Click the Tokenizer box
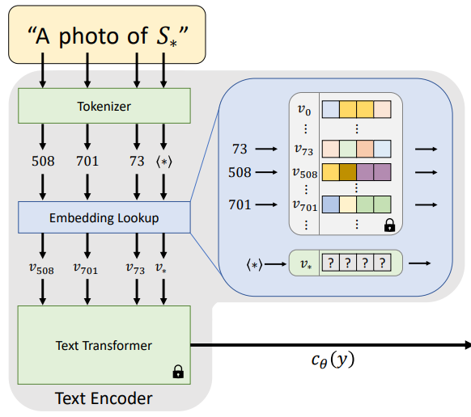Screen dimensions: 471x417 click(x=104, y=106)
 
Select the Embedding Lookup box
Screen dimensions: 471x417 click(x=104, y=217)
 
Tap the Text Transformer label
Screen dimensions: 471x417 click(x=104, y=346)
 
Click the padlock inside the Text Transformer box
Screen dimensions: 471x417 click(x=178, y=372)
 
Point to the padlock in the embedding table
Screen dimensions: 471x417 click(x=389, y=225)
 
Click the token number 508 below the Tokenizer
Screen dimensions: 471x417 click(x=43, y=161)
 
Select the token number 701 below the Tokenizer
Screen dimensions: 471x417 click(x=87, y=161)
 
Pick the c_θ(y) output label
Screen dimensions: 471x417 click(x=333, y=360)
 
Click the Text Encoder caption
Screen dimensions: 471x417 click(x=104, y=398)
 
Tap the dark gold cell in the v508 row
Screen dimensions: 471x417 click(x=348, y=172)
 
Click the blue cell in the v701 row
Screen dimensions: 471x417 click(x=331, y=204)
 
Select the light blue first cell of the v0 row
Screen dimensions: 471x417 click(x=331, y=109)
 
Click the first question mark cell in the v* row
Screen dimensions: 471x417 click(x=331, y=263)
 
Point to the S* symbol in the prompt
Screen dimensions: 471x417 click(x=167, y=37)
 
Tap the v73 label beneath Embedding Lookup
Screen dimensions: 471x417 click(x=135, y=268)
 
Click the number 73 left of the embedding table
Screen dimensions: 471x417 click(x=240, y=149)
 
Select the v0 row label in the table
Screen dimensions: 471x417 click(x=304, y=110)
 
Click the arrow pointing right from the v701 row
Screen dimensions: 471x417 click(x=426, y=204)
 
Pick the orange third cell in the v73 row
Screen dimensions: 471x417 click(x=365, y=149)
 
